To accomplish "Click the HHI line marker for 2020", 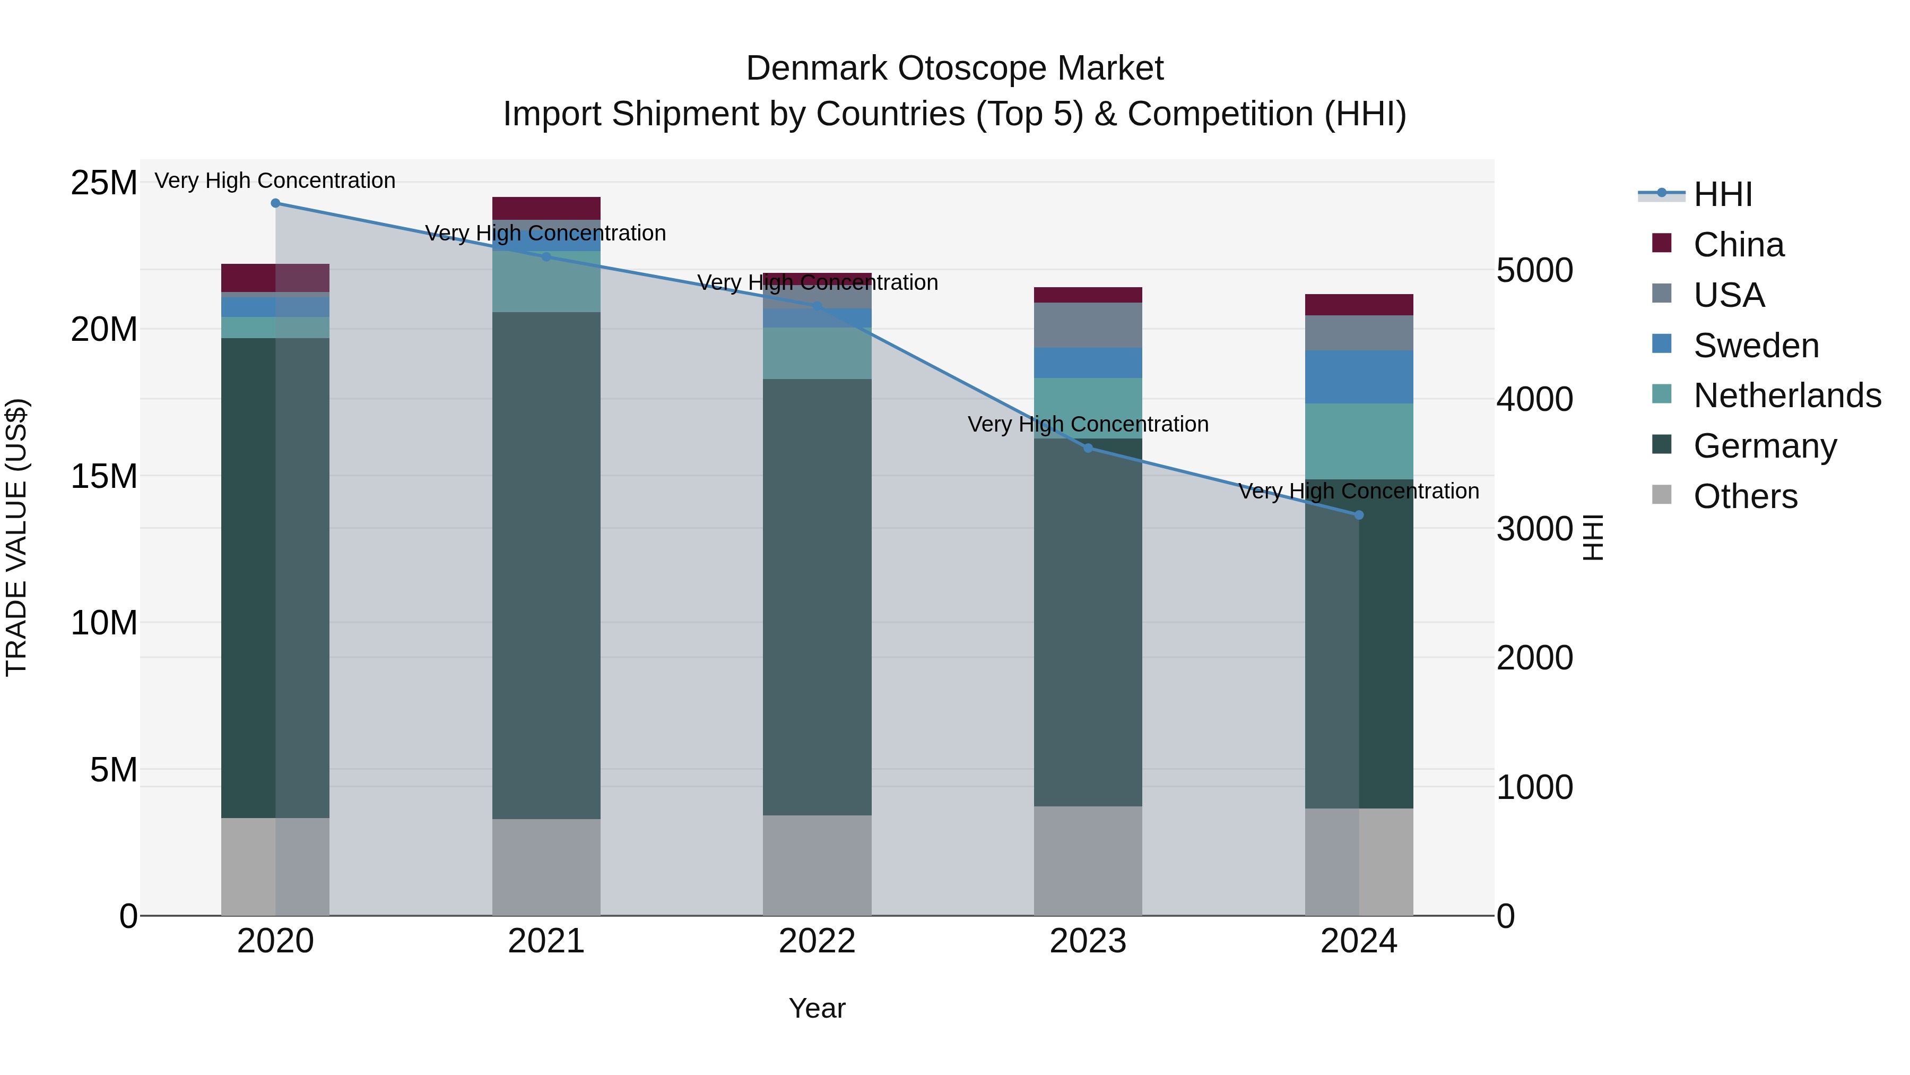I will click(275, 203).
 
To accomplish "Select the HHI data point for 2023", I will click(1088, 448).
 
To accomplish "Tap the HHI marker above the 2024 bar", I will click(1358, 515).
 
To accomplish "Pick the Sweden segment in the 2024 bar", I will click(1358, 377).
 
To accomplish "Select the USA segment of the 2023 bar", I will click(1088, 325).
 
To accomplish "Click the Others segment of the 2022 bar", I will click(817, 865).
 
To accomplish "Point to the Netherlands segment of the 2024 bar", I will click(1358, 442).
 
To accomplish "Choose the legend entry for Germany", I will click(1765, 446).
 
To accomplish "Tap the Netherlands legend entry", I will click(1787, 395).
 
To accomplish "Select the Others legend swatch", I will click(1662, 495).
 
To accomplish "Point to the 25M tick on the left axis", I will click(104, 183).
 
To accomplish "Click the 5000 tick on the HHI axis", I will click(1534, 270).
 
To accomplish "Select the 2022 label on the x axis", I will click(817, 941).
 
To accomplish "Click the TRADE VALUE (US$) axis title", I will click(16, 537).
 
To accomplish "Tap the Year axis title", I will click(817, 1008).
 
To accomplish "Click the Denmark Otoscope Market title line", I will click(954, 68).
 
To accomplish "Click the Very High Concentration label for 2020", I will click(275, 180).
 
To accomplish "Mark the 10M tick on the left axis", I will click(104, 623).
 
